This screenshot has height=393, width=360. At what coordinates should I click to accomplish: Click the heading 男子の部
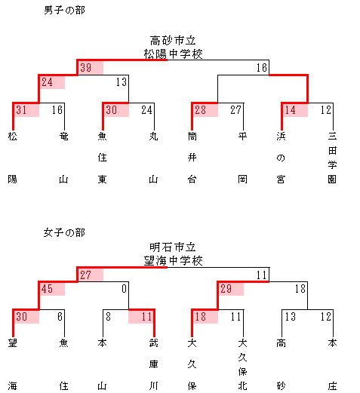point(64,10)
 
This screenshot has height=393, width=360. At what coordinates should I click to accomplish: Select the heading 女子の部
point(64,232)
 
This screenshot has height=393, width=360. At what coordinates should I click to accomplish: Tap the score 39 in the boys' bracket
point(86,68)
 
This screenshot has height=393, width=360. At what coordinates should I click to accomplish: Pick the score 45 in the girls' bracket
point(48,289)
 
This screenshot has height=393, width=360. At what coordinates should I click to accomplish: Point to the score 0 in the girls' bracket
point(124,289)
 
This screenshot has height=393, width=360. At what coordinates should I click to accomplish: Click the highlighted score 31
point(22,110)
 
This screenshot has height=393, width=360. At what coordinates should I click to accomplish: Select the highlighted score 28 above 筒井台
point(201,110)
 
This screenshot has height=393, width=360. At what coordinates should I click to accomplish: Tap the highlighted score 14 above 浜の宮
point(290,110)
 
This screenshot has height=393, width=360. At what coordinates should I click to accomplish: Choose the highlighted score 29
point(226,289)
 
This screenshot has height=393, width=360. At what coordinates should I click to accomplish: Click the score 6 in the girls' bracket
point(60,317)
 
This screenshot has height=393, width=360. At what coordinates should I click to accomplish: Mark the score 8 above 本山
point(108,317)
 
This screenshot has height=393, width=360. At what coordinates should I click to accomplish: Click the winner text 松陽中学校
point(173,54)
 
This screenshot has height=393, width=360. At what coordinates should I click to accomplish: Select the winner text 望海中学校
point(173,261)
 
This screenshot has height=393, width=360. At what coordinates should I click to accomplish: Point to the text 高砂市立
point(173,41)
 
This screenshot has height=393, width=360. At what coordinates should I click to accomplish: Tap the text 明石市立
point(173,247)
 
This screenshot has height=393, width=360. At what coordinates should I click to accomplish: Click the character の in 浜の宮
point(281,158)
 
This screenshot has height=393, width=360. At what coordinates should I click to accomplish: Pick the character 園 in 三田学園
point(332,180)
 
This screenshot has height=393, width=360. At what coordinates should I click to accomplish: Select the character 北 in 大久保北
point(242,386)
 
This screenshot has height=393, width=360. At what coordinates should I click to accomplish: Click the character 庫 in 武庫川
point(154,364)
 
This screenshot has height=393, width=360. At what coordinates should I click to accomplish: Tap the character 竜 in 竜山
point(64,137)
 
